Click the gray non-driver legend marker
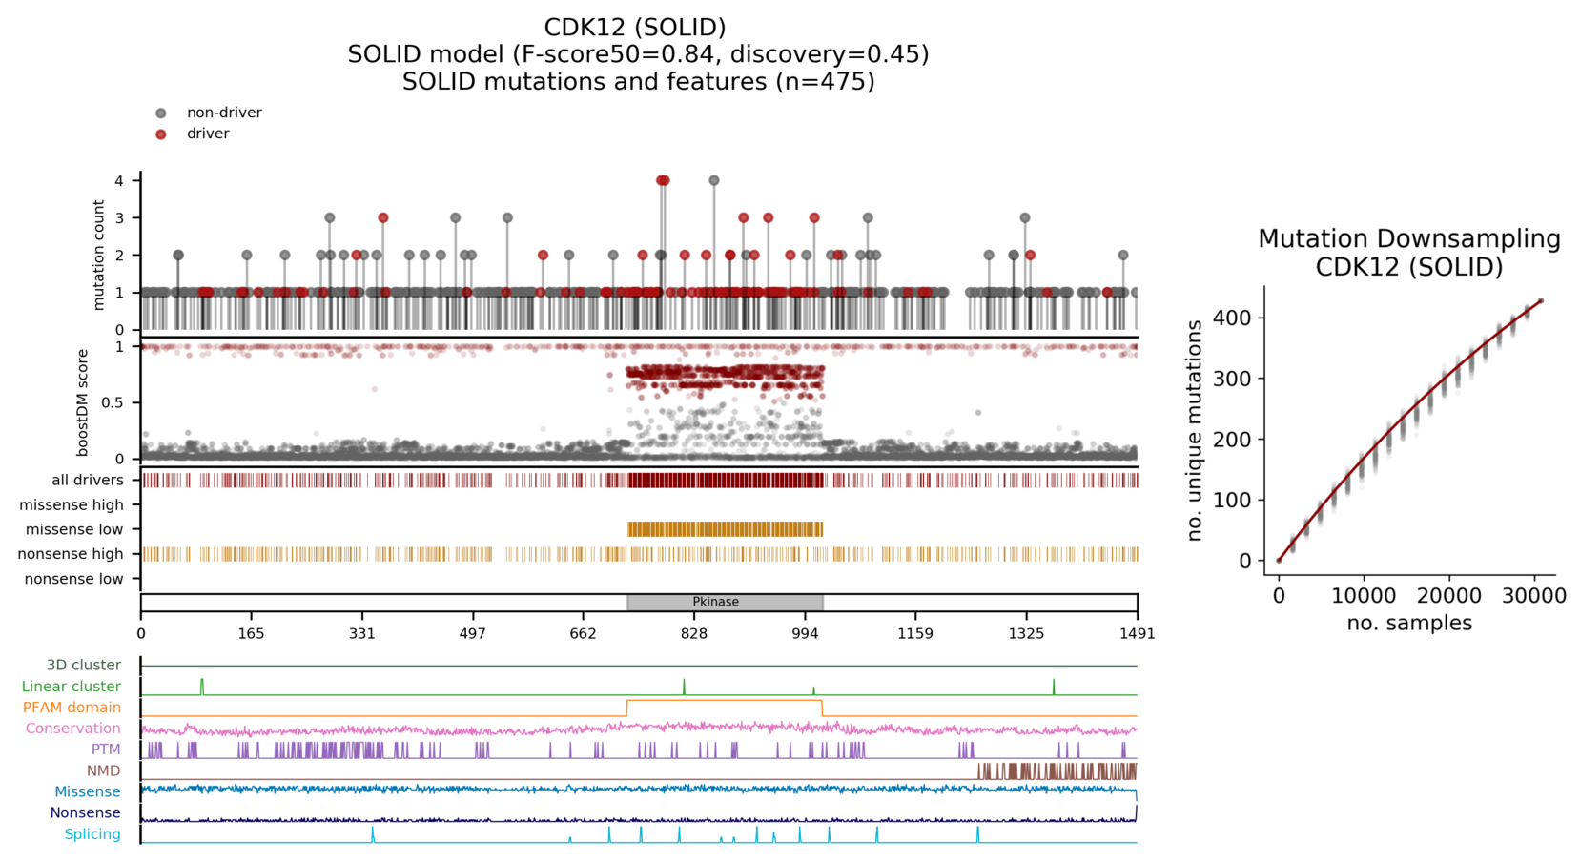[161, 113]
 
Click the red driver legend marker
[161, 134]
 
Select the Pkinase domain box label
[715, 602]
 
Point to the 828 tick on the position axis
[694, 633]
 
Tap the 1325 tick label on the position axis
[1026, 633]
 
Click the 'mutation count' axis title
[99, 255]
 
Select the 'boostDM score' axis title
[83, 402]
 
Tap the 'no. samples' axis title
[1409, 624]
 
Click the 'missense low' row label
[74, 529]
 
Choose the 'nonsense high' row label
[71, 554]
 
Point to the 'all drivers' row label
[88, 481]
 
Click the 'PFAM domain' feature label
[72, 708]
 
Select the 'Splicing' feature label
[92, 834]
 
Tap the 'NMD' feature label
[104, 771]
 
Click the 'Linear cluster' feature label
[72, 687]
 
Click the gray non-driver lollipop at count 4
[714, 180]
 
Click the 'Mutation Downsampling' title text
[1409, 239]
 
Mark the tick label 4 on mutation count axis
[119, 180]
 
